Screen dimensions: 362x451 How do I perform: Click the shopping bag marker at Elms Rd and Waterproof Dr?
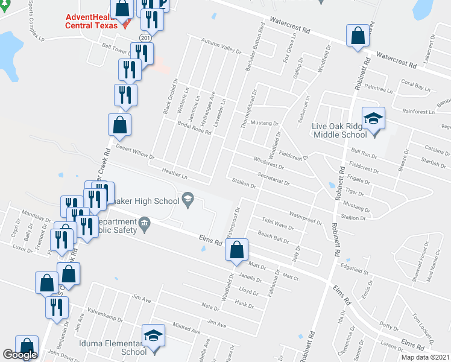pos(237,249)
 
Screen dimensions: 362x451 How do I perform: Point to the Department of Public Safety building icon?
pos(144,226)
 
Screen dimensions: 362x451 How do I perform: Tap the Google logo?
pos(20,355)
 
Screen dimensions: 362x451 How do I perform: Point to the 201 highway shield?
pos(145,37)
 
